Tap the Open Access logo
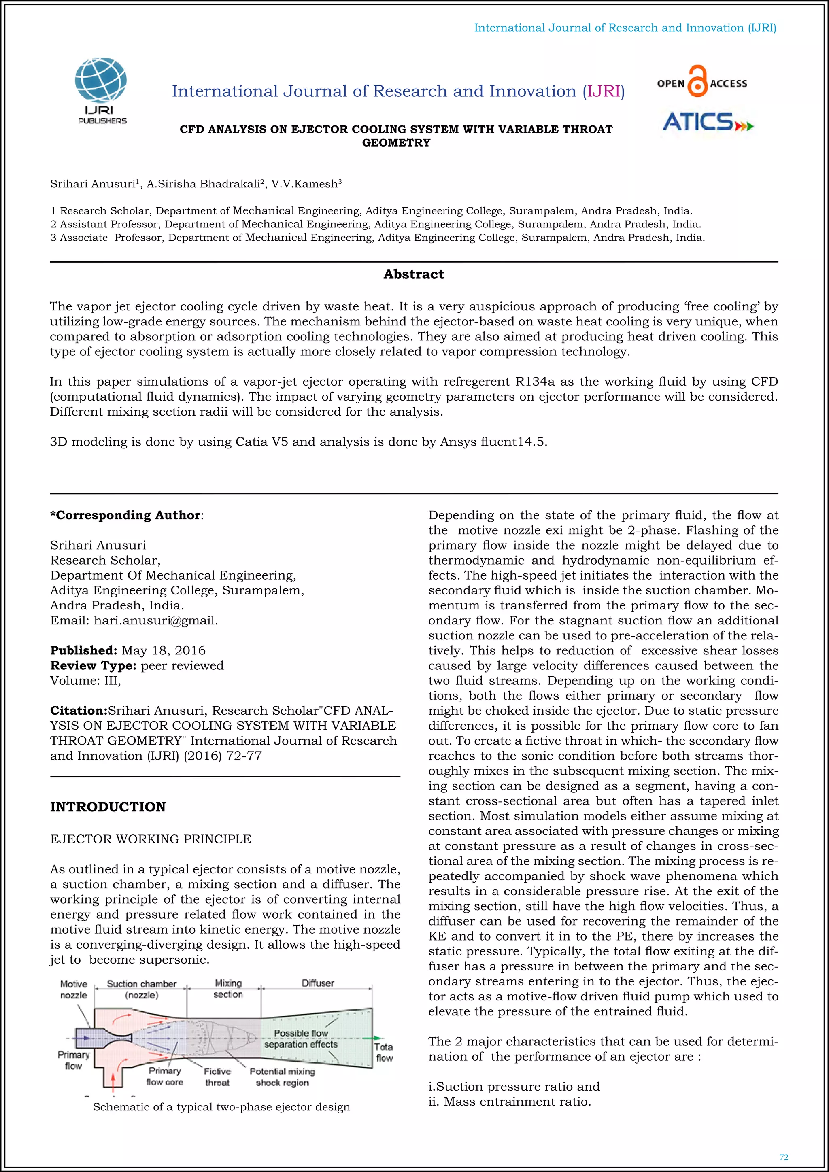[702, 82]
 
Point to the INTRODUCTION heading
[108, 807]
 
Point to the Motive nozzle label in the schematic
[74, 989]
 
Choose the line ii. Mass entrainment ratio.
[510, 1102]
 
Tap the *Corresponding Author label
[125, 515]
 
